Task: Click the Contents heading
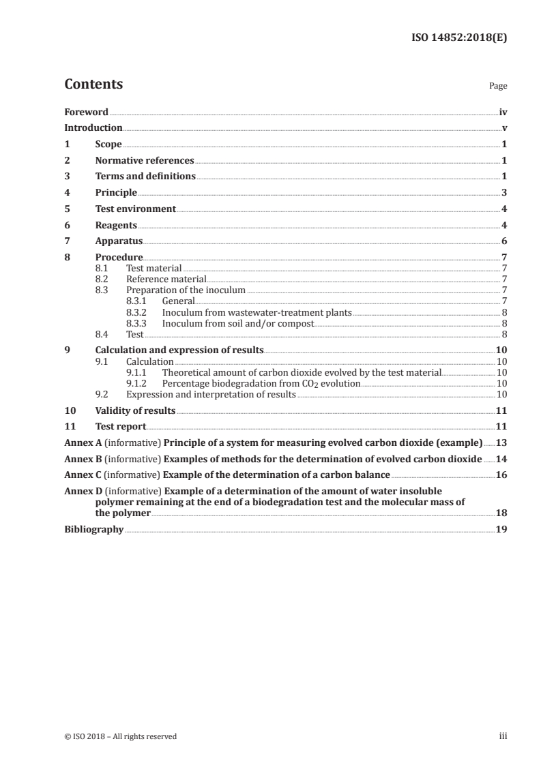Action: point(93,85)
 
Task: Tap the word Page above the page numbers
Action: point(498,87)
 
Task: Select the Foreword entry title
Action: point(86,112)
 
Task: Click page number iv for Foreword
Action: point(503,112)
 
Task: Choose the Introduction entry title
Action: point(93,127)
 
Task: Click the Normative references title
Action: point(145,161)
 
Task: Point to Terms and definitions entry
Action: point(145,177)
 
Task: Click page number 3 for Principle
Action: point(504,193)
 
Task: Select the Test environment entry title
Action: point(136,209)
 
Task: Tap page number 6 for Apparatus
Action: point(504,241)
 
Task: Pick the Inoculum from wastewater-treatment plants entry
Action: point(257,312)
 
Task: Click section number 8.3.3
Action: point(138,323)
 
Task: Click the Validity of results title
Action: point(135,410)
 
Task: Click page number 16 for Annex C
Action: point(501,475)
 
